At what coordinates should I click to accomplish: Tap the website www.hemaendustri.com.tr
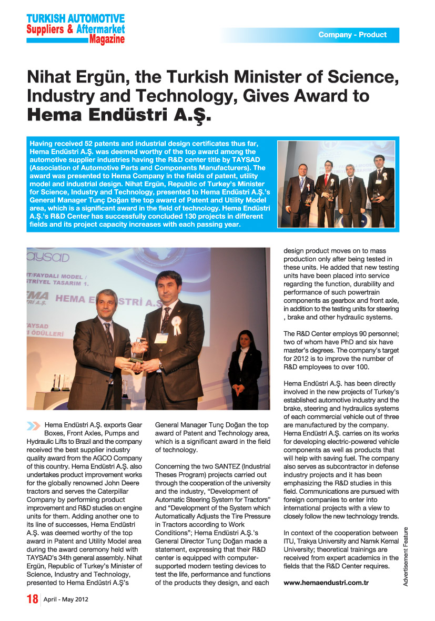point(326,583)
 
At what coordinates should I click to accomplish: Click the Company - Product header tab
point(352,35)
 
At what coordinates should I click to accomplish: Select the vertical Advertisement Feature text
point(406,556)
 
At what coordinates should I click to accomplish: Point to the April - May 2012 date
point(66,600)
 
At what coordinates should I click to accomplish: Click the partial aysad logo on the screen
point(47,257)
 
